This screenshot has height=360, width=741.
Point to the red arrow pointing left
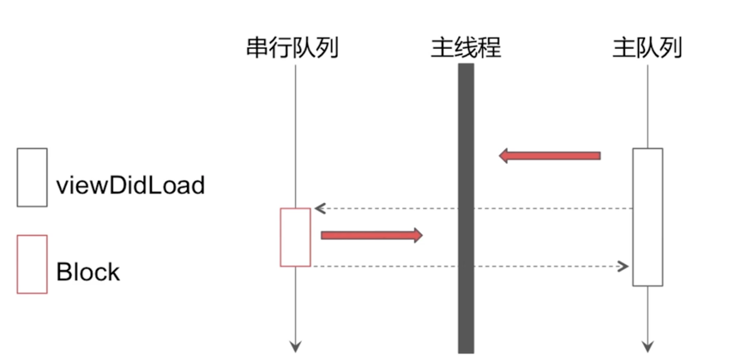pos(550,155)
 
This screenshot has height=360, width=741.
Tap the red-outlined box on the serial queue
pos(295,237)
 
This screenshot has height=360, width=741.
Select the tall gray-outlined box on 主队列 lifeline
pos(648,217)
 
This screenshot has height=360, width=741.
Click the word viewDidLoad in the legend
pos(130,184)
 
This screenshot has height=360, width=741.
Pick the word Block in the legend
pos(88,273)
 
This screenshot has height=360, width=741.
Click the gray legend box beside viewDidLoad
pos(33,177)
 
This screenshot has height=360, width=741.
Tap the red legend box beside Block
pos(33,264)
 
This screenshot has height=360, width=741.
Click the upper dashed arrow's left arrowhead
pos(318,208)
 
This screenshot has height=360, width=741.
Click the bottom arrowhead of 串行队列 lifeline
pos(295,346)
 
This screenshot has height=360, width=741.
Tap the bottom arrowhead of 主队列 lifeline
pos(648,346)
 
